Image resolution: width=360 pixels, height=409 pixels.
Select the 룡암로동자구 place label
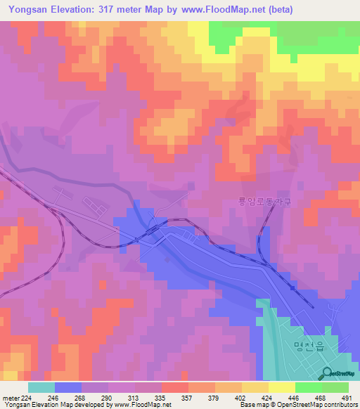(x=264, y=201)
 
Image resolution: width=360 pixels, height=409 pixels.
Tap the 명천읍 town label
(x=308, y=344)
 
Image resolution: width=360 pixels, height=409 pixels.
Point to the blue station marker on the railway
(x=292, y=287)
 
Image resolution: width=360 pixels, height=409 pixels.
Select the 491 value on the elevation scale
(x=347, y=398)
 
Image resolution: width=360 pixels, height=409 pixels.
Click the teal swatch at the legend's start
(x=41, y=387)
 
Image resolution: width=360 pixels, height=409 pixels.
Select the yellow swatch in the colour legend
(x=281, y=387)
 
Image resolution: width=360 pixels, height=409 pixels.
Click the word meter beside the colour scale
(x=11, y=398)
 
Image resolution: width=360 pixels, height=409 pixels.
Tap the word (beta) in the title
(x=277, y=10)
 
